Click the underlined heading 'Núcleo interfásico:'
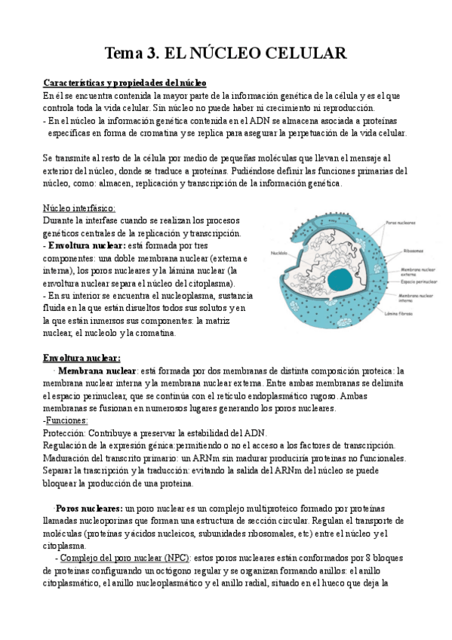point(79,208)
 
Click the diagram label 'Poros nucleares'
point(400,223)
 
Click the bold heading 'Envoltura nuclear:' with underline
point(81,358)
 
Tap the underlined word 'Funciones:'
point(66,420)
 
